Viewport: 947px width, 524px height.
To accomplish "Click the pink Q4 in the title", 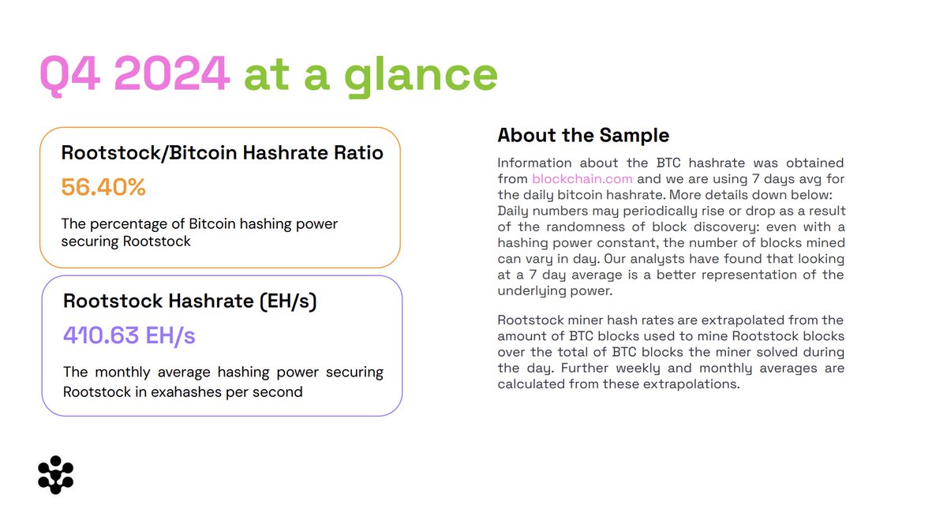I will pyautogui.click(x=72, y=75).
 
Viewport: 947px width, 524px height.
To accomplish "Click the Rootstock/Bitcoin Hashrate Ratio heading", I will pyautogui.click(x=222, y=152).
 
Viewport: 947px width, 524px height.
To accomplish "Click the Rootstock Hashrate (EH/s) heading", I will pyautogui.click(x=189, y=301).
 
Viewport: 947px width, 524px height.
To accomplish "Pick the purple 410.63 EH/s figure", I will pyautogui.click(x=129, y=335).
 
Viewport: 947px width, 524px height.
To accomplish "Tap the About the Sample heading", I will pyautogui.click(x=583, y=135).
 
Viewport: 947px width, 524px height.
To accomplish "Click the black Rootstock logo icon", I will pyautogui.click(x=55, y=474).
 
